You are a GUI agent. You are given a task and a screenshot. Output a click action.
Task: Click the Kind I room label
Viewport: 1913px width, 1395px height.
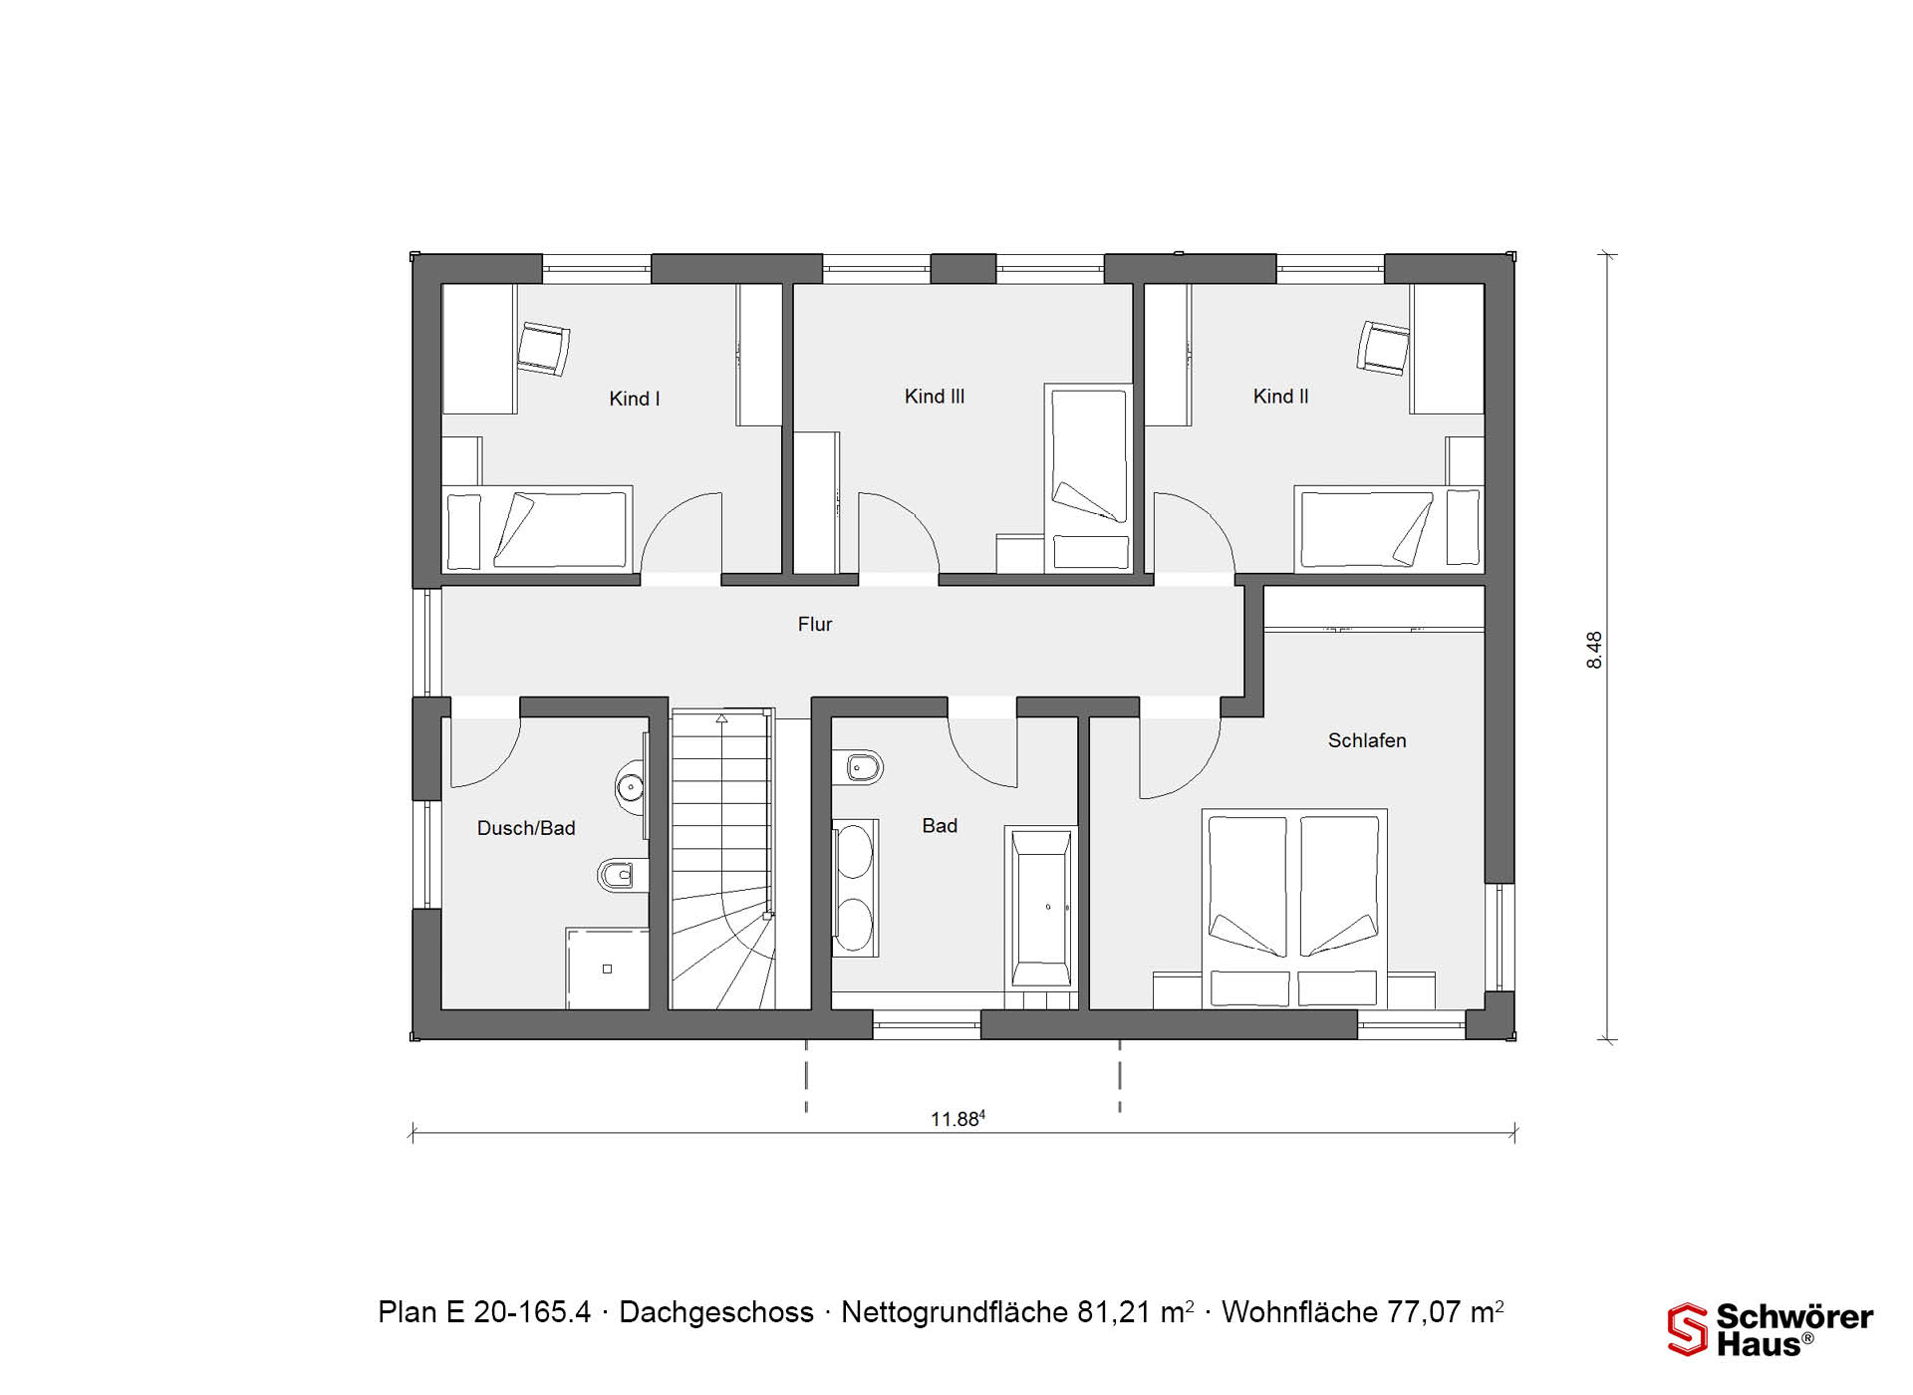click(x=635, y=399)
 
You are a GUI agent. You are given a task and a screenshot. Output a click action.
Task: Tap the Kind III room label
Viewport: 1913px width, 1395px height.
click(x=935, y=397)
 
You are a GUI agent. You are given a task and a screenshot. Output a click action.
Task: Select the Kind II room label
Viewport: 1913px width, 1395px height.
click(x=1280, y=397)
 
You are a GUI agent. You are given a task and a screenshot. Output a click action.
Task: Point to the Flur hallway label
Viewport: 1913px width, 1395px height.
click(x=815, y=624)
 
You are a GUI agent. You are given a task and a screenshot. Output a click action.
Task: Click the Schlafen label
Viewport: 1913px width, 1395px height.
click(x=1367, y=740)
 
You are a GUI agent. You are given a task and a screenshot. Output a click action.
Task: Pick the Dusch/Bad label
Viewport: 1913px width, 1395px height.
click(x=526, y=828)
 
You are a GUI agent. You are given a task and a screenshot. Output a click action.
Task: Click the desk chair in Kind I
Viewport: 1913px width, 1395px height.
click(x=543, y=349)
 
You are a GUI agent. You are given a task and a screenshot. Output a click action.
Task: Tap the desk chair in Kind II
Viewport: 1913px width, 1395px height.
click(x=1384, y=348)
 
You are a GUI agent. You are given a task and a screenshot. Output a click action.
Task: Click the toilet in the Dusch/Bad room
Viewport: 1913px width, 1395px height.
click(x=617, y=876)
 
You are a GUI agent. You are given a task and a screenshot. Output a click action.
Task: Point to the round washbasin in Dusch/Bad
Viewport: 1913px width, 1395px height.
click(x=631, y=786)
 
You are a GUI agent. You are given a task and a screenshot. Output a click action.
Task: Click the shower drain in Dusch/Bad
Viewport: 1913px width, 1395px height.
click(x=607, y=969)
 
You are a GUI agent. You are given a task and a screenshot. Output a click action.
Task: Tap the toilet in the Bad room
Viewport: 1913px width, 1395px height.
click(x=862, y=767)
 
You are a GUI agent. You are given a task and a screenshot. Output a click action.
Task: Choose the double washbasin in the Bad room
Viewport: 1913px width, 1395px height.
click(x=855, y=888)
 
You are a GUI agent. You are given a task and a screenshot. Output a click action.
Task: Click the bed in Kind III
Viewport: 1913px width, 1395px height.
click(x=1089, y=478)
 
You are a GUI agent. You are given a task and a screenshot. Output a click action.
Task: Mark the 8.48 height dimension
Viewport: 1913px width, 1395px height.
click(x=1595, y=650)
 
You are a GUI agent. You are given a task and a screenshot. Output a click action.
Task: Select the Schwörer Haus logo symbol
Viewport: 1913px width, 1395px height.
click(x=1688, y=1329)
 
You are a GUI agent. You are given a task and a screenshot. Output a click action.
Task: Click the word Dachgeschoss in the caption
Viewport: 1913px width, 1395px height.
click(x=716, y=1312)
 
